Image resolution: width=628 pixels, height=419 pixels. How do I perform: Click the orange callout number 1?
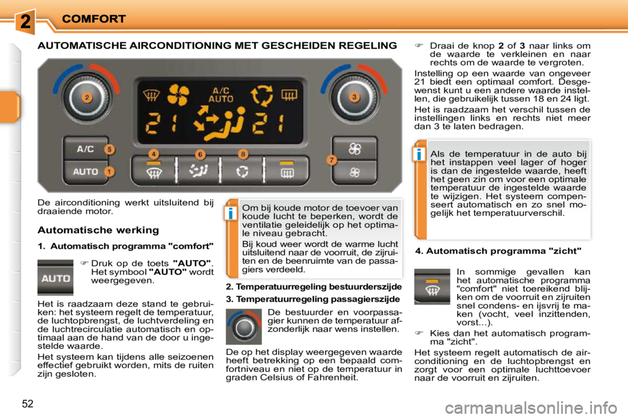pyautogui.click(x=109, y=171)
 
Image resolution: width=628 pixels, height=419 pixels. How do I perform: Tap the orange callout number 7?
pyautogui.click(x=332, y=159)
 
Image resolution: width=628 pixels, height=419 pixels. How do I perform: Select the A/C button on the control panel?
pyautogui.click(x=85, y=149)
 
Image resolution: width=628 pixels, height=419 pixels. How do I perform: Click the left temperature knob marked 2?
pyautogui.click(x=86, y=98)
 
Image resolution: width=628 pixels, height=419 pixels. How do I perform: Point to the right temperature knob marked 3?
pyautogui.click(x=354, y=98)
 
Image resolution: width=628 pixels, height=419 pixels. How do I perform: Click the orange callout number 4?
pyautogui.click(x=153, y=154)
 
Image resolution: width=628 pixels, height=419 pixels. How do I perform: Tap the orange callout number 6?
pyautogui.click(x=200, y=154)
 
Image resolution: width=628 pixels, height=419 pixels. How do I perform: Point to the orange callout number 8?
pyautogui.click(x=243, y=154)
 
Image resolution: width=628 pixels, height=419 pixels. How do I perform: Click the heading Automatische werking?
pyautogui.click(x=98, y=230)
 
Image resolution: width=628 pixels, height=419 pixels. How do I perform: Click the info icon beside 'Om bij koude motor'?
pyautogui.click(x=230, y=213)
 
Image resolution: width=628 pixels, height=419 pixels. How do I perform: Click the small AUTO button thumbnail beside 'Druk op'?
pyautogui.click(x=55, y=277)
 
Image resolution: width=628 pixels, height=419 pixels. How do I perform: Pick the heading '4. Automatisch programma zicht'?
pyautogui.click(x=498, y=251)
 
